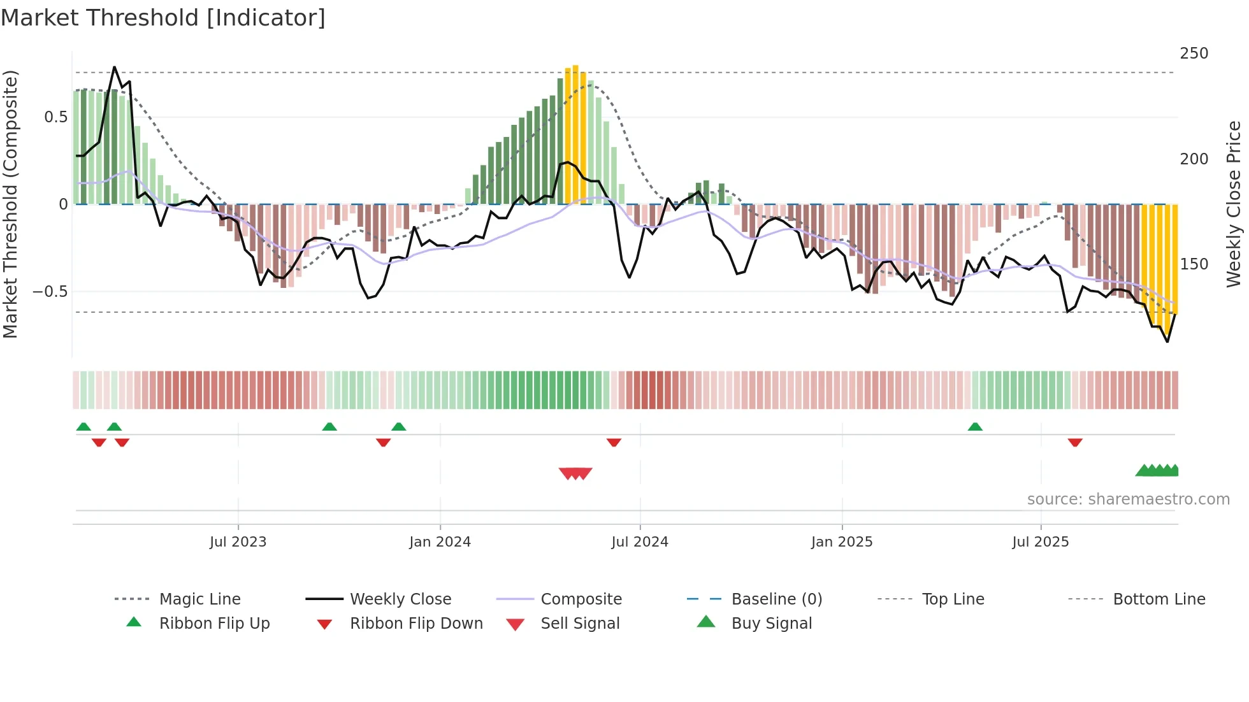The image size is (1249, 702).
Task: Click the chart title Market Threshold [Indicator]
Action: pyautogui.click(x=163, y=18)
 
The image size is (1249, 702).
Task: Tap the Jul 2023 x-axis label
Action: pyautogui.click(x=238, y=542)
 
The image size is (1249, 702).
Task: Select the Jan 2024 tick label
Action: pyautogui.click(x=440, y=542)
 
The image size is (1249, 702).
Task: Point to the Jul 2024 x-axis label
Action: pyautogui.click(x=640, y=542)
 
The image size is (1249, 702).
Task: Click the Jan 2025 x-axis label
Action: pyautogui.click(x=842, y=542)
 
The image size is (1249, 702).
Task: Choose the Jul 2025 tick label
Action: pyautogui.click(x=1041, y=542)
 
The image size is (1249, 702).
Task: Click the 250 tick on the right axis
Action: pyautogui.click(x=1194, y=54)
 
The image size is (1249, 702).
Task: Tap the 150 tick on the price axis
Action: pyautogui.click(x=1194, y=264)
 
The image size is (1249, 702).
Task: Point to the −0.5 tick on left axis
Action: pyautogui.click(x=50, y=292)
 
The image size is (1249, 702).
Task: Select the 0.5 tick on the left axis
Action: pyautogui.click(x=55, y=117)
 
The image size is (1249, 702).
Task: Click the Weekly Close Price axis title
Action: pyautogui.click(x=1234, y=204)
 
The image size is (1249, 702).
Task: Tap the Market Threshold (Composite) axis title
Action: pyautogui.click(x=10, y=204)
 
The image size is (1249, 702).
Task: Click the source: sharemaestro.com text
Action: pyautogui.click(x=1128, y=499)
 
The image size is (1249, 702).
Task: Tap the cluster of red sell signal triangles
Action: pyautogui.click(x=575, y=473)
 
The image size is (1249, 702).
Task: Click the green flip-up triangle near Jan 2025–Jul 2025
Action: pyautogui.click(x=975, y=427)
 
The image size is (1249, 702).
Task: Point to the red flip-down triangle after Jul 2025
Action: pyautogui.click(x=1075, y=442)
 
